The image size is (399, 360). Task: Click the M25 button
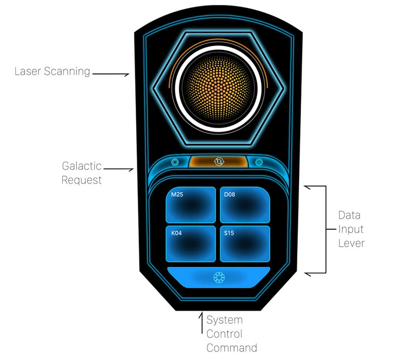(x=190, y=205)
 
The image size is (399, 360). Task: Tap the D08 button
(x=245, y=205)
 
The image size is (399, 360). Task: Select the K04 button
(x=190, y=244)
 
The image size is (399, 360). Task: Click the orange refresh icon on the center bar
(x=219, y=162)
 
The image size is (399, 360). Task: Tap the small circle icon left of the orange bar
(x=175, y=162)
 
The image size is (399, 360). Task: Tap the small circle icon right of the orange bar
(x=259, y=162)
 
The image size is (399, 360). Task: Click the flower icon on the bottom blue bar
(x=219, y=278)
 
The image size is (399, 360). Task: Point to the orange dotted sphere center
(x=218, y=88)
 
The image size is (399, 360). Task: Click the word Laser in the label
(x=28, y=71)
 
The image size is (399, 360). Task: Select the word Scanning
(x=67, y=72)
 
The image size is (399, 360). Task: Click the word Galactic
(x=82, y=166)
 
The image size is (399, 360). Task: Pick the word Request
(x=81, y=180)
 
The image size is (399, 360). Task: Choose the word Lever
(x=351, y=243)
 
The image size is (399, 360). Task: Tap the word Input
(x=351, y=230)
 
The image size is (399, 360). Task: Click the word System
(x=225, y=320)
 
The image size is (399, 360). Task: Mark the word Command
(x=231, y=348)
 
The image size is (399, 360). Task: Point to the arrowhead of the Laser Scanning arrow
(x=127, y=74)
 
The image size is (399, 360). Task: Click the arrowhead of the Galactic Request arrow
(x=131, y=170)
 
